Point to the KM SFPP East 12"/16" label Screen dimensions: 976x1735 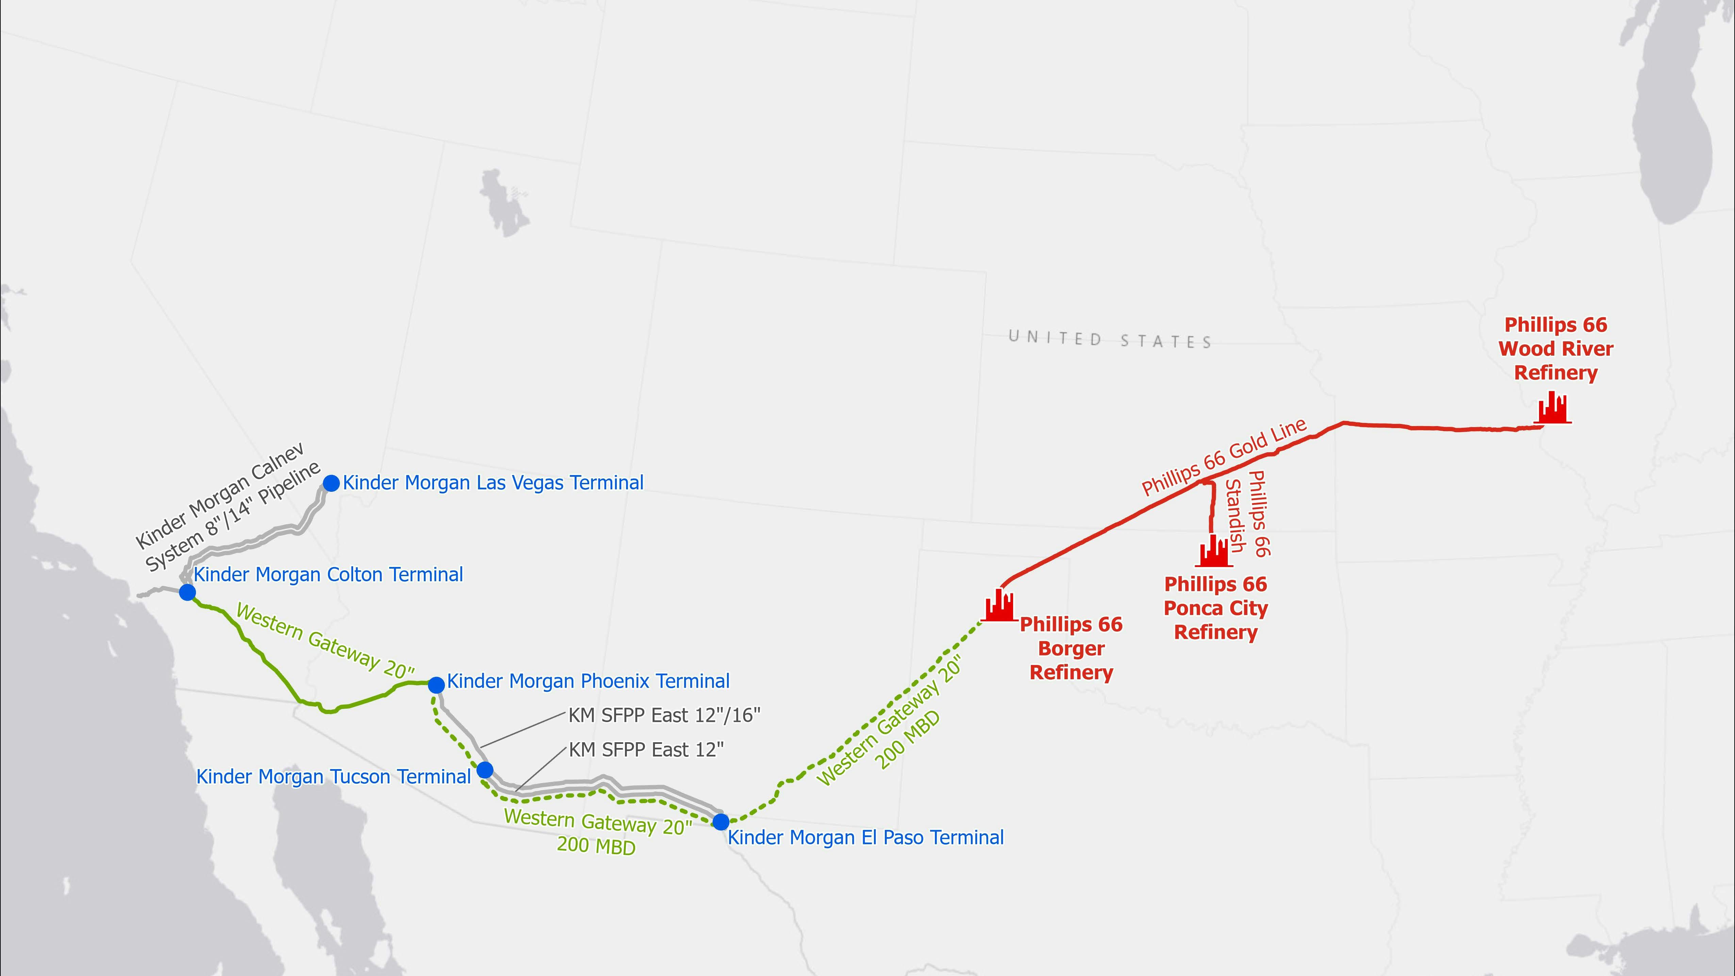click(664, 715)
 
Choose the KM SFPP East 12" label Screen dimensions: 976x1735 click(646, 750)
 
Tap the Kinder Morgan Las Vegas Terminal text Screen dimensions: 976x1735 click(493, 483)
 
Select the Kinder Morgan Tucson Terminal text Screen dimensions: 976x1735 click(333, 777)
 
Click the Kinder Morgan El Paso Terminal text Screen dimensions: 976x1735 click(865, 838)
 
